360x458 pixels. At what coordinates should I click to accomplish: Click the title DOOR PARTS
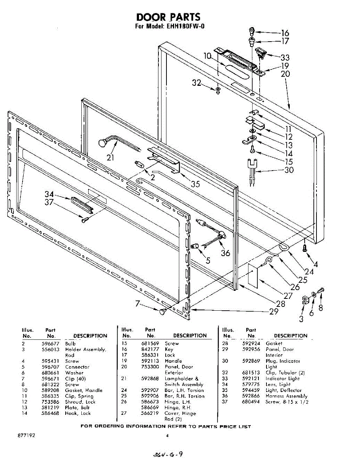pyautogui.click(x=168, y=17)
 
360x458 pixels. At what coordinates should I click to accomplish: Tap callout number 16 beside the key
pyautogui.click(x=285, y=33)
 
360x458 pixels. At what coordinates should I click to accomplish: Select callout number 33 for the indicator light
pyautogui.click(x=285, y=58)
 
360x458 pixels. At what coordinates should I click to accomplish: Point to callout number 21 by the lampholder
pyautogui.click(x=111, y=157)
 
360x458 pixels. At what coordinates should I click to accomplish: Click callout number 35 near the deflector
pyautogui.click(x=195, y=184)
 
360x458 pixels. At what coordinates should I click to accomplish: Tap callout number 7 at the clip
pyautogui.click(x=138, y=303)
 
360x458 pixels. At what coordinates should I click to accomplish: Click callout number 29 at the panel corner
pyautogui.click(x=274, y=311)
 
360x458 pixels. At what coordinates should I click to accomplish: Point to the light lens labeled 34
pyautogui.click(x=81, y=203)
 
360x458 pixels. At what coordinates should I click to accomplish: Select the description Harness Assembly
pyautogui.click(x=286, y=396)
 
